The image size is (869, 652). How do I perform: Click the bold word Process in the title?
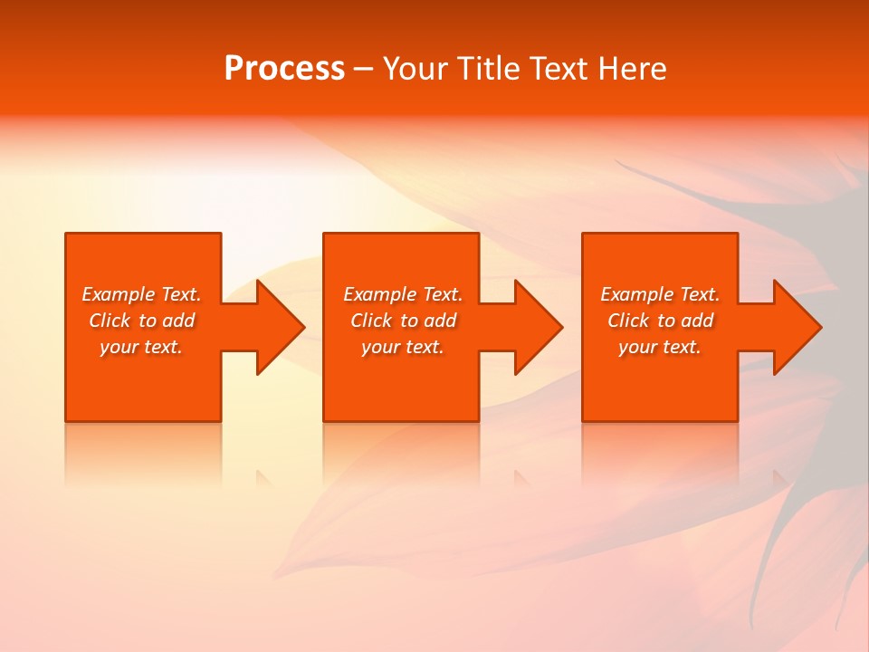tap(284, 69)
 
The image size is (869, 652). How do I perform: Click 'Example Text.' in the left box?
tap(142, 294)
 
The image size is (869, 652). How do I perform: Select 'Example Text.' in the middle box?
tap(403, 294)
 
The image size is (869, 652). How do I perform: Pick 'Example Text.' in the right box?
tap(660, 294)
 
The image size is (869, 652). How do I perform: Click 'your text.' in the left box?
tap(141, 347)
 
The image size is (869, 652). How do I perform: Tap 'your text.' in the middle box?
tap(403, 347)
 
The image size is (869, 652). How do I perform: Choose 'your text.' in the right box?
tap(660, 347)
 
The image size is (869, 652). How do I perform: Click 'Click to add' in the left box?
tap(142, 321)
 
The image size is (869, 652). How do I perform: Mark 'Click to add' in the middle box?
tap(403, 321)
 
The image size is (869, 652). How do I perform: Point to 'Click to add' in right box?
tap(660, 321)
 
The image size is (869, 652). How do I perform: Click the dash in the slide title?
tap(364, 69)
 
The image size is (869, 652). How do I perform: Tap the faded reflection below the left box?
tap(143, 453)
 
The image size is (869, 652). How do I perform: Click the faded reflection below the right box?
tap(660, 453)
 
